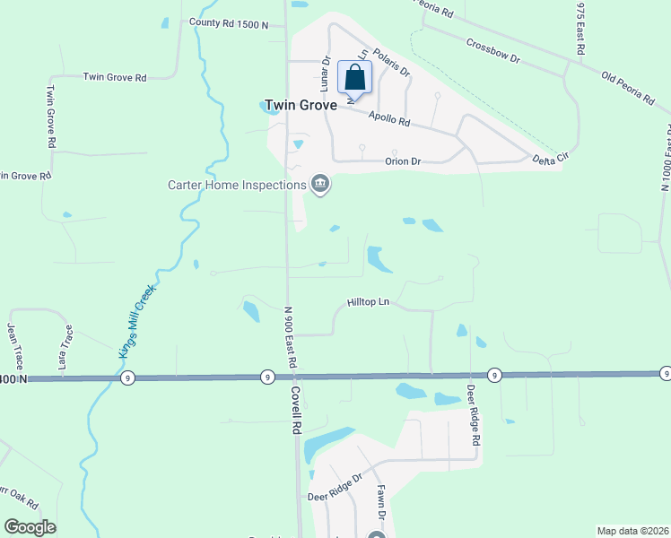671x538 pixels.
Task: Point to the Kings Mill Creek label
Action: click(x=137, y=321)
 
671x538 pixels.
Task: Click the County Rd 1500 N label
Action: click(x=229, y=24)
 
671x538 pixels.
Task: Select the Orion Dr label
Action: click(x=403, y=162)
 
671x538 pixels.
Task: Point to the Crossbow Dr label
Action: click(x=493, y=50)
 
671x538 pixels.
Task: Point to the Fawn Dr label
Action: click(x=380, y=504)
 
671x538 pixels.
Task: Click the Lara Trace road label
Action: click(x=64, y=348)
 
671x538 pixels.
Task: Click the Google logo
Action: click(x=30, y=527)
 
